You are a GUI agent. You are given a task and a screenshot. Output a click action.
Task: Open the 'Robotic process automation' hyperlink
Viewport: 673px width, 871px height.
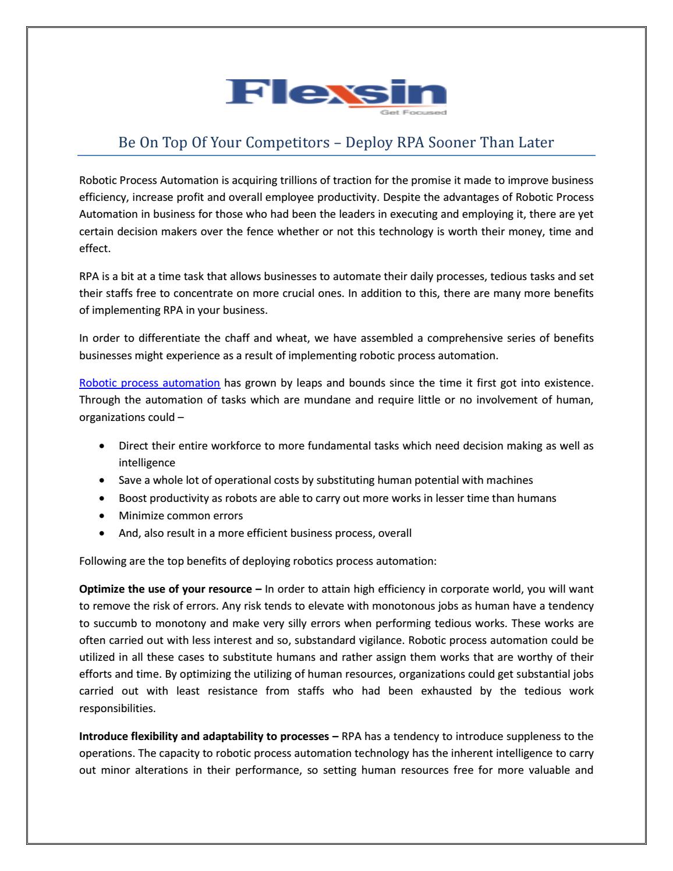[x=150, y=383]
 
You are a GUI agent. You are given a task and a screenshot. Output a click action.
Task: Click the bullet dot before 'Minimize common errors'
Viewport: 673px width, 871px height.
[x=103, y=516]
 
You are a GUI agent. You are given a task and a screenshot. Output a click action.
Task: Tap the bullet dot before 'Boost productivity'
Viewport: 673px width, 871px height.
[x=103, y=498]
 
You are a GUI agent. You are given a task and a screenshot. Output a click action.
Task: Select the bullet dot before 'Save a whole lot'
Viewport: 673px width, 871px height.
[x=103, y=481]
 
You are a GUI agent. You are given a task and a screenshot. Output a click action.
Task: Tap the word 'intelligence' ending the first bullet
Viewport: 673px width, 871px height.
[x=147, y=463]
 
